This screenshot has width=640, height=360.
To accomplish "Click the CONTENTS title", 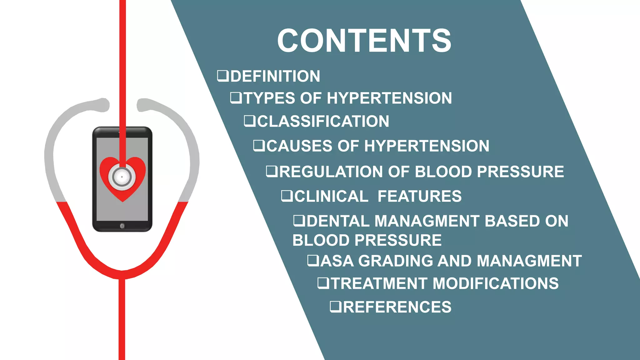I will point(364,41).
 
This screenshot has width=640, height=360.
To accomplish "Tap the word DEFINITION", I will point(275,76).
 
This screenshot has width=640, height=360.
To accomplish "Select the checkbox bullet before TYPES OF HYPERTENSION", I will point(236,98).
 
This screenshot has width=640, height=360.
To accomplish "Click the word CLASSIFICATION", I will point(323,121).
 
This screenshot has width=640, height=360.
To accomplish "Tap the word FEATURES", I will point(419,196).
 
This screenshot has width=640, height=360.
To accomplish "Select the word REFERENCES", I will point(397,307).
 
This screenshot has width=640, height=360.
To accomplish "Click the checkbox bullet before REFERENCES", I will point(336,307).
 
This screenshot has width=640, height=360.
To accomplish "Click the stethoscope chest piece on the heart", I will point(122,177).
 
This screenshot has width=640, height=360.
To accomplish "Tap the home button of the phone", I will point(122,226).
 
